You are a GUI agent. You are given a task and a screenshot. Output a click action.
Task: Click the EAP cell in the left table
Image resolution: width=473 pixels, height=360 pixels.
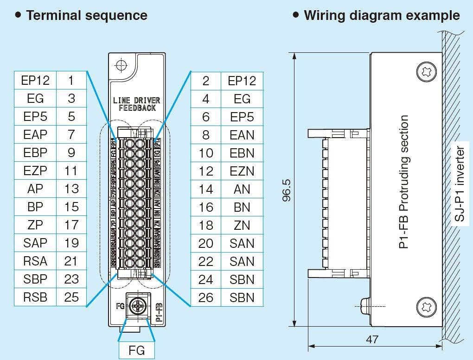click(35, 135)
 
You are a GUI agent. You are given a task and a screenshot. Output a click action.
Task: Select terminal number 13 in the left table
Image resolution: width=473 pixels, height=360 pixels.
click(71, 189)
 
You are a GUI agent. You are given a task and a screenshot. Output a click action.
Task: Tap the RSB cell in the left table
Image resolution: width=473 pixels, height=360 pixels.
click(35, 297)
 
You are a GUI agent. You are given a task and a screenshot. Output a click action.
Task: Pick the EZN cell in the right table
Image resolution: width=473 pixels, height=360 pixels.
click(242, 171)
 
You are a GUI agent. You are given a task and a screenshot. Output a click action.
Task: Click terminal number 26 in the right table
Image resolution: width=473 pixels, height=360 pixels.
click(205, 297)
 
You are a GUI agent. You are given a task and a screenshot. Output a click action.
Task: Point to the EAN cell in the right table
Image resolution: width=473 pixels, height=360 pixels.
click(242, 135)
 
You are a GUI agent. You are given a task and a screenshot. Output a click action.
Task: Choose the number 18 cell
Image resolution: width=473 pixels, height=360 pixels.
click(205, 225)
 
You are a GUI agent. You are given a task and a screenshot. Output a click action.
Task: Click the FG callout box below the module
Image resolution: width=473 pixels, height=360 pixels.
click(137, 351)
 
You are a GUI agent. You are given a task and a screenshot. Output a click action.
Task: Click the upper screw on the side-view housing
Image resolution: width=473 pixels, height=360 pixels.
click(427, 72)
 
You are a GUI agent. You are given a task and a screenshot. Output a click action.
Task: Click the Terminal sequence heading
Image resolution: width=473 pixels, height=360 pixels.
click(86, 15)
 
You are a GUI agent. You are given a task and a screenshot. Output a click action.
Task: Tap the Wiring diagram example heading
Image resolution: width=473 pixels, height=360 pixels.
click(381, 15)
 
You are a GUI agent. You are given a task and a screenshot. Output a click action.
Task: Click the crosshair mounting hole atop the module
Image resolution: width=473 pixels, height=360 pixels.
click(121, 65)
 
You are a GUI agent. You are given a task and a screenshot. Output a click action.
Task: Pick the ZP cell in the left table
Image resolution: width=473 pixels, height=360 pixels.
click(35, 225)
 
